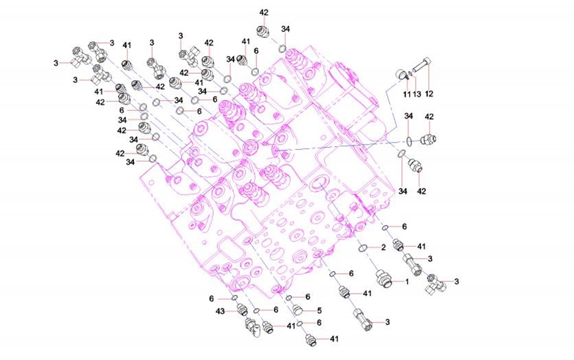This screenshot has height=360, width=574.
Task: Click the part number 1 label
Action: point(406,282)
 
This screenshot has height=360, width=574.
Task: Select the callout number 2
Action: point(383,248)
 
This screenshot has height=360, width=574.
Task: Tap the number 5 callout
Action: point(319,311)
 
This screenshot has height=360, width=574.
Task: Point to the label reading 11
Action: point(407,95)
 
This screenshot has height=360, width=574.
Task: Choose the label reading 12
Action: point(429,94)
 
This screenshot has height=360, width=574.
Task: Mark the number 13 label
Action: point(417,95)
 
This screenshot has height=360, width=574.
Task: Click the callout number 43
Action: point(220,311)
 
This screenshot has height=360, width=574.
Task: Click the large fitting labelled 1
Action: point(384,279)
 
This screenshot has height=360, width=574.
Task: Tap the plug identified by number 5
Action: point(297,310)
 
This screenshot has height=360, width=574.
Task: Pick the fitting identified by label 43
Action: point(242,310)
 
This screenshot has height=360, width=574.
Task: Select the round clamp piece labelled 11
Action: point(401,75)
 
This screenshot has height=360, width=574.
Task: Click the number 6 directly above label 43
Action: point(211,299)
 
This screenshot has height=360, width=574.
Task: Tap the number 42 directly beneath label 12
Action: point(429,117)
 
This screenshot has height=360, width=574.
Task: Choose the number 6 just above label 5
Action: point(308,297)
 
